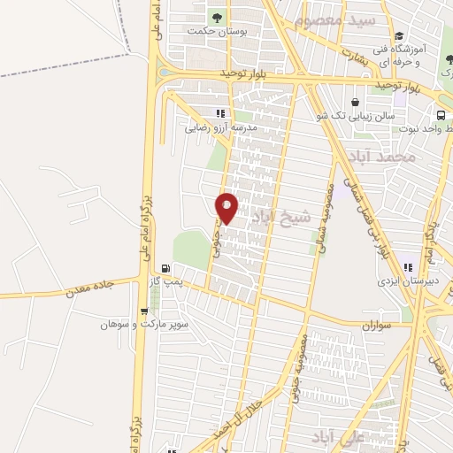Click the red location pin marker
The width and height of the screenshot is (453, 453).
pyautogui.click(x=227, y=207)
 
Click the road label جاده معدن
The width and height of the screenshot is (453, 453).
pyautogui.click(x=90, y=284)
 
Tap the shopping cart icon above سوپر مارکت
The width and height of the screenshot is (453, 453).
pyautogui.click(x=144, y=311)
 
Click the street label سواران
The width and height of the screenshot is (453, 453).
pyautogui.click(x=375, y=325)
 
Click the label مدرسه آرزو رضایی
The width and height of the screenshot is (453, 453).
pyautogui.click(x=221, y=127)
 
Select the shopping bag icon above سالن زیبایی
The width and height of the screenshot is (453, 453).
pyautogui.click(x=356, y=102)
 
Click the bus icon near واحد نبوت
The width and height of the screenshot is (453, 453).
pyautogui.click(x=441, y=115)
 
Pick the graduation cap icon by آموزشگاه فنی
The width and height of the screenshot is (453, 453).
pyautogui.click(x=400, y=36)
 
